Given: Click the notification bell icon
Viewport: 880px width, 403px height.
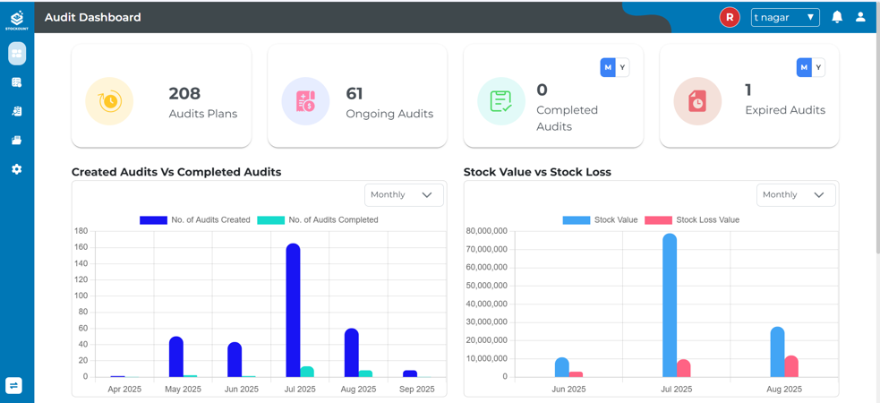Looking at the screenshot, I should pos(837,17).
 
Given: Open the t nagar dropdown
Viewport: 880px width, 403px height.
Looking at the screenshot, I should pos(785,17).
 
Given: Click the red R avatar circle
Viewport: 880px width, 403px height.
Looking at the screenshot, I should pos(730,17).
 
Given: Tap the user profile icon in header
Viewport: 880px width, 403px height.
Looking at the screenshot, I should pos(860,17).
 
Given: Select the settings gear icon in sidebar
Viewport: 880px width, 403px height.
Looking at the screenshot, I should pos(16,169).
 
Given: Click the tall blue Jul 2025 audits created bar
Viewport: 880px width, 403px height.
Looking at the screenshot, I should pos(293,309).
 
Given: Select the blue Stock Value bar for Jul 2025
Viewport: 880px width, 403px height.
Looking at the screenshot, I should pos(670,304).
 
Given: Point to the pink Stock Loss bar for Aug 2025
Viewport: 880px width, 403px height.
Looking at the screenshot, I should pos(791,365).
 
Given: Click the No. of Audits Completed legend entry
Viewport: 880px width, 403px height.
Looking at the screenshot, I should pos(318,219).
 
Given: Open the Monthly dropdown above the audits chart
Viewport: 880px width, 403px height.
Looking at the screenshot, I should pos(403,194).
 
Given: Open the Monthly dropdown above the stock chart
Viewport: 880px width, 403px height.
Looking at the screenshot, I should pos(795,194).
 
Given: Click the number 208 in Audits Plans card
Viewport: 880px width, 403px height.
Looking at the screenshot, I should pos(184,93).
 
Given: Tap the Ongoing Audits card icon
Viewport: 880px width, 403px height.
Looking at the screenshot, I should pos(305,101).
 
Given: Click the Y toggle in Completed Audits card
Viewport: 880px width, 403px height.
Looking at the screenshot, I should pos(622,67).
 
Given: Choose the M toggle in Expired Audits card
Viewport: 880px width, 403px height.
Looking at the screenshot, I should pos(804,67).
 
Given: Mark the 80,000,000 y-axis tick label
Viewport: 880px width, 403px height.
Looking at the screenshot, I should pos(487,231).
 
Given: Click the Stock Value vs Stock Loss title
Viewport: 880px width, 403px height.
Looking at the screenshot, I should pos(537,172).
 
